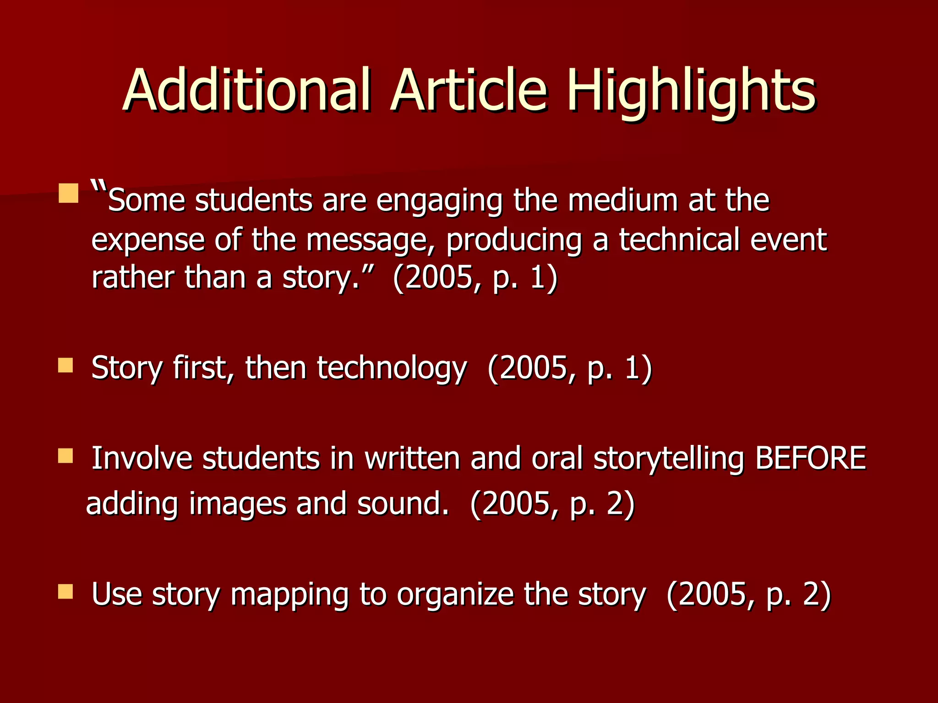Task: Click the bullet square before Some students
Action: click(x=68, y=193)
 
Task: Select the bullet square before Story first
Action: click(x=65, y=366)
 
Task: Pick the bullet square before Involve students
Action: click(x=65, y=456)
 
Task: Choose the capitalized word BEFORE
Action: click(x=810, y=458)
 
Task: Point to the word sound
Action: click(x=402, y=503)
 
